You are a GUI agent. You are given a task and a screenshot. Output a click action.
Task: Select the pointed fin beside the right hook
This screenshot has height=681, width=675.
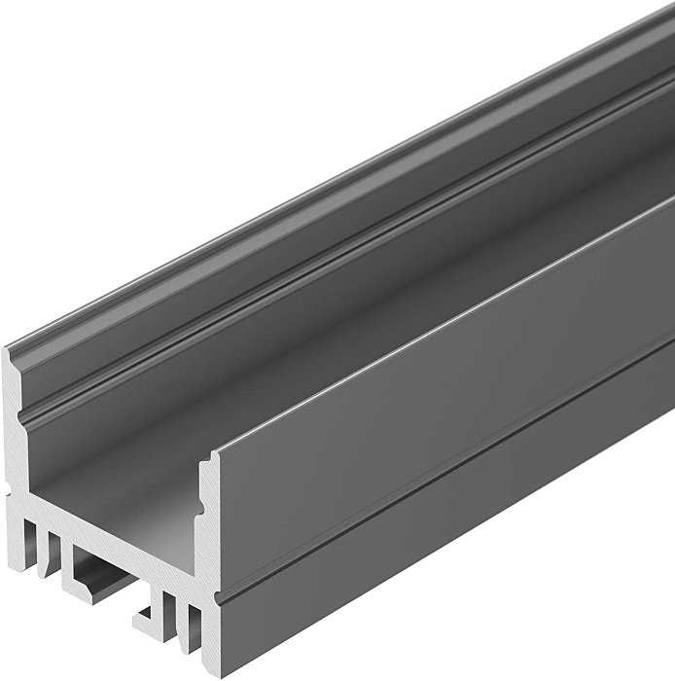click(x=175, y=608)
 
